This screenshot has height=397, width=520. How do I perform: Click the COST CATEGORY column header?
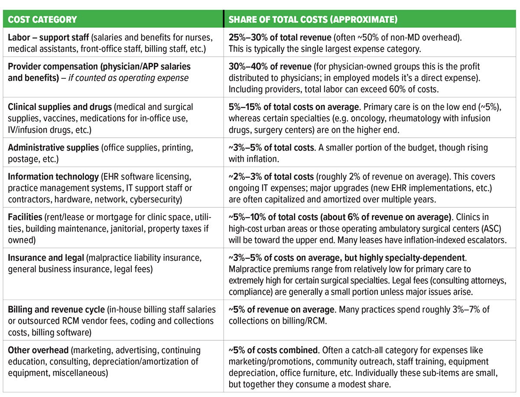(x=42, y=19)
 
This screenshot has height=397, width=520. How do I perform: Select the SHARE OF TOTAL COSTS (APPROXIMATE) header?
(x=313, y=19)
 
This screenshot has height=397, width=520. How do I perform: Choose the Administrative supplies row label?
(x=53, y=148)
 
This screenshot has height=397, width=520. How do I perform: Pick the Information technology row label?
(x=53, y=177)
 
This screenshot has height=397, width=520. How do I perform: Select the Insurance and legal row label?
(x=46, y=258)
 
